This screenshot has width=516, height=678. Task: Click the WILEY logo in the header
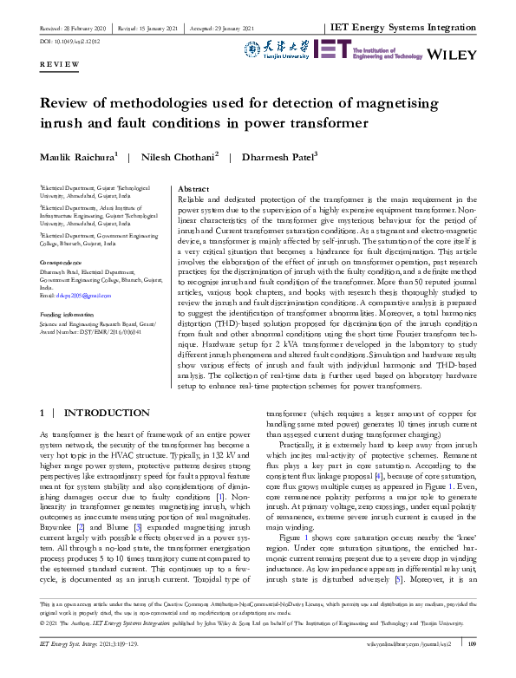tap(453, 53)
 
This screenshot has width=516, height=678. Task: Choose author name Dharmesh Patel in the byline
tap(261, 157)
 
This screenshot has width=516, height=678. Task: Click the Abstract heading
tap(192, 188)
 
